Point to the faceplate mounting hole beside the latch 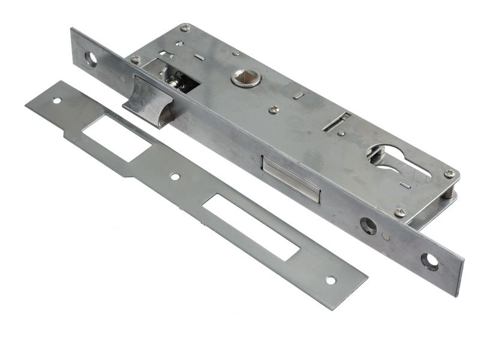coord(91,59)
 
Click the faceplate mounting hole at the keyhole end coord(430,260)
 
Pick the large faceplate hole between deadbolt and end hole coord(368,226)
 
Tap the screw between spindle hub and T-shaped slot coord(274,109)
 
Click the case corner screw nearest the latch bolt coord(136,60)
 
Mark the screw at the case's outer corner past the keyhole coord(449,174)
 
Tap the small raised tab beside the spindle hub coord(298,94)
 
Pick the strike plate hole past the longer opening coord(329,280)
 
